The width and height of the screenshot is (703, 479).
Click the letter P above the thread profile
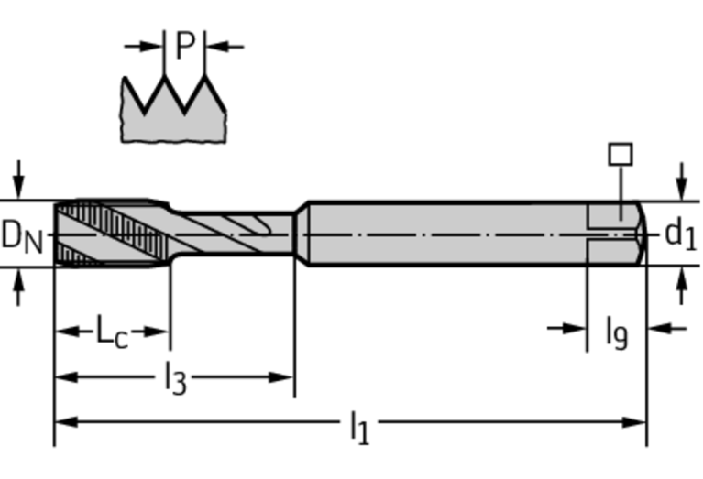(x=184, y=45)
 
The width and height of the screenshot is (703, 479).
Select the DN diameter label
(x=22, y=235)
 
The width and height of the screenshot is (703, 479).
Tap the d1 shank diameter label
(x=680, y=234)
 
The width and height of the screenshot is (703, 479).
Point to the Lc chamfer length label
(x=112, y=332)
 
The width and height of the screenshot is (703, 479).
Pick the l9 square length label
(x=616, y=331)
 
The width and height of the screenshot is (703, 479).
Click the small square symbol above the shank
(x=621, y=154)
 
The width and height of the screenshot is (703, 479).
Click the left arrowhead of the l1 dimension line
(x=64, y=422)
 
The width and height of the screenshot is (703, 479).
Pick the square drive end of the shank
(x=616, y=234)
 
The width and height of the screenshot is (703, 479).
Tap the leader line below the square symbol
(x=621, y=188)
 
